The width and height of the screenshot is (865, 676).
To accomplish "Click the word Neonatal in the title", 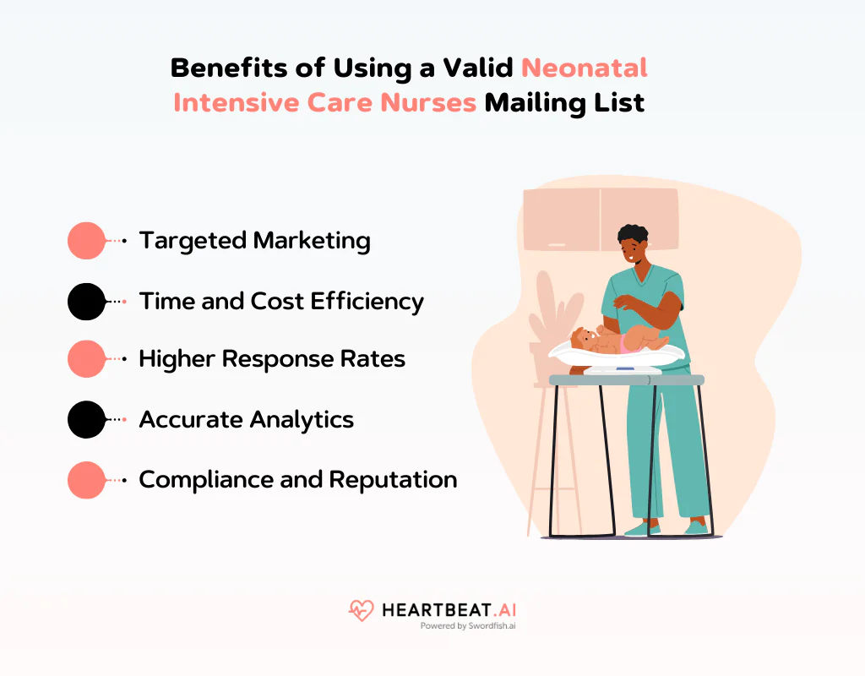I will (585, 68).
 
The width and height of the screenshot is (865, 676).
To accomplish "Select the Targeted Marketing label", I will (254, 241).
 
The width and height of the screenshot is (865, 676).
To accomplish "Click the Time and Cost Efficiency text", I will (281, 301).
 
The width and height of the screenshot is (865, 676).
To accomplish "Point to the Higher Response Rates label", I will (272, 359).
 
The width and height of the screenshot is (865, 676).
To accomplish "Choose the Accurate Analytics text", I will (246, 419).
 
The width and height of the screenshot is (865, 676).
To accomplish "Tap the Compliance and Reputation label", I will (297, 479).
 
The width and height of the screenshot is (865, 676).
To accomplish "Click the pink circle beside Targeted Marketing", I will (86, 241).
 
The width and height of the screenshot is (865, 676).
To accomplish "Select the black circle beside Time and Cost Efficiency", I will (86, 301).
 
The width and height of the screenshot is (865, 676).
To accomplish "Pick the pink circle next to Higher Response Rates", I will (86, 359).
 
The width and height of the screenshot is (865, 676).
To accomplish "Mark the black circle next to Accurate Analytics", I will (86, 419).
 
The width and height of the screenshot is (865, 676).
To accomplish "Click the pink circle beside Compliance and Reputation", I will (86, 479).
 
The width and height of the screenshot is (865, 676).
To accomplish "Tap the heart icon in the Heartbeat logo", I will (361, 610).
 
